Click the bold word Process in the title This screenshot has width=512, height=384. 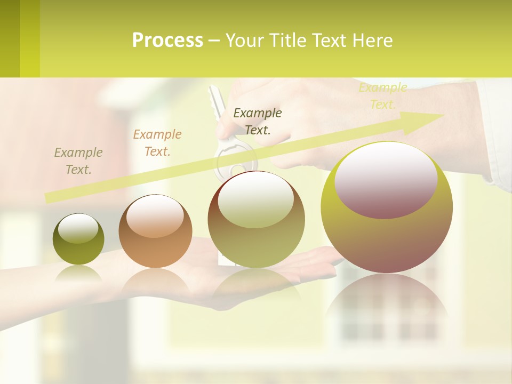[167, 41]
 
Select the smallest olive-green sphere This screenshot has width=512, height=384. [78, 239]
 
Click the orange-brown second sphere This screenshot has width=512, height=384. [155, 231]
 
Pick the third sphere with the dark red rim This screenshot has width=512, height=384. [257, 219]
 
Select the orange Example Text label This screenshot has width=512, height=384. [157, 142]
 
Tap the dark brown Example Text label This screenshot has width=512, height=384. [258, 121]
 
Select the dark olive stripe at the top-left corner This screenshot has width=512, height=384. [10, 38]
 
